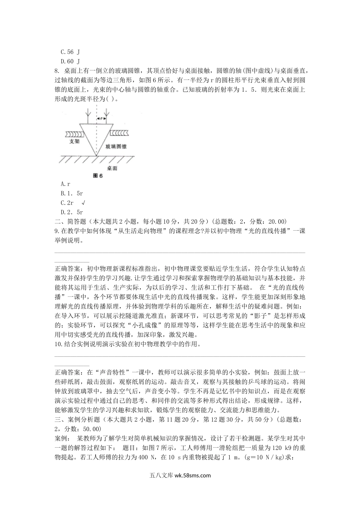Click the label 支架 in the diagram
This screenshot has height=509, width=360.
[x=74, y=142]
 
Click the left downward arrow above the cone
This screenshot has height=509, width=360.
[x=88, y=113]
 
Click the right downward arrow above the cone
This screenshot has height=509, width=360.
[x=106, y=113]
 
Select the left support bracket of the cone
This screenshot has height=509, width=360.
[x=74, y=133]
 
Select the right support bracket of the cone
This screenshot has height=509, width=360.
[x=120, y=133]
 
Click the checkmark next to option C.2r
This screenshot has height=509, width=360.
[x=83, y=203]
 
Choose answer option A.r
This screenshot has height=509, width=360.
[x=65, y=184]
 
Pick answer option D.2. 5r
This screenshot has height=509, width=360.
[x=72, y=212]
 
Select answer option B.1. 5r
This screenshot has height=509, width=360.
[x=72, y=194]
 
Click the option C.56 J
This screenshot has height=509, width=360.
[x=70, y=52]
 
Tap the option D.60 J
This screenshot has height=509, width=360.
[x=70, y=61]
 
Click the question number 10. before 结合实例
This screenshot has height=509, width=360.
[x=58, y=344]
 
